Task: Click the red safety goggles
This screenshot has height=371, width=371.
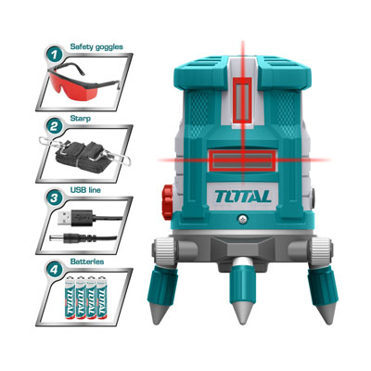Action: [x=83, y=81]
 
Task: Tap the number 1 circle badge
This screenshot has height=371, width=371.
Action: [x=54, y=56]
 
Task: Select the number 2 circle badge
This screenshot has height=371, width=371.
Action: [x=54, y=127]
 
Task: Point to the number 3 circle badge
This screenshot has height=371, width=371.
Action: [x=54, y=198]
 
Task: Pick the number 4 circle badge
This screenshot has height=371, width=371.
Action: [x=54, y=271]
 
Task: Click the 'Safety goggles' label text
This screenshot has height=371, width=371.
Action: [x=96, y=47]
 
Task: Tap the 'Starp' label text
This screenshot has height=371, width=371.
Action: [x=81, y=119]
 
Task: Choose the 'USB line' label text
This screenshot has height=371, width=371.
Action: [x=85, y=190]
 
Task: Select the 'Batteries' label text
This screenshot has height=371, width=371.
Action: [x=87, y=262]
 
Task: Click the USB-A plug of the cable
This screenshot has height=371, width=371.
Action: [x=75, y=218]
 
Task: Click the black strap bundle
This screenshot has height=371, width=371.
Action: [x=81, y=155]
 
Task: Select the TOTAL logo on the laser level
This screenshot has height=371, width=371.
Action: [x=243, y=197]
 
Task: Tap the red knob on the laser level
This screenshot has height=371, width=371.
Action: [x=168, y=202]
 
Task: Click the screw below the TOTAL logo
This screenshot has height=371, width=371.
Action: [x=243, y=219]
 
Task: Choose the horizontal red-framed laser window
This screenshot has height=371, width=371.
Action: [x=242, y=160]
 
